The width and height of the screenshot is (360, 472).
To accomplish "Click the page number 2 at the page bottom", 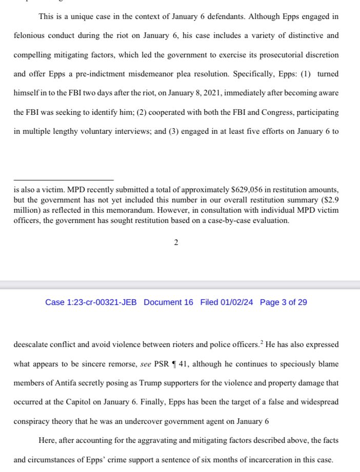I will tap(176, 242).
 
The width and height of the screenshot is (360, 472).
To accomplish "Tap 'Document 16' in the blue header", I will tap(168, 302).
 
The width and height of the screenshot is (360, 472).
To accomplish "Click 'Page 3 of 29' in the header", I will tap(283, 302).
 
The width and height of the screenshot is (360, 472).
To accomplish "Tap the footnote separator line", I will tap(64, 180).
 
